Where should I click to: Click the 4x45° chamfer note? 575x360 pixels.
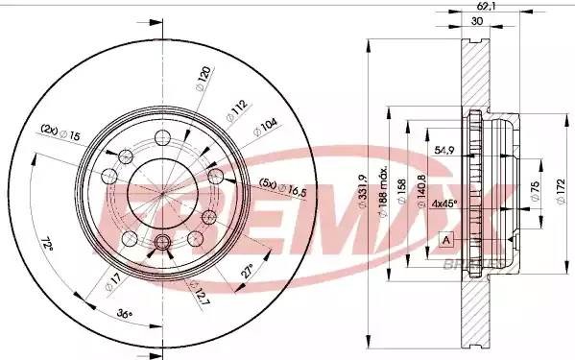(444, 204)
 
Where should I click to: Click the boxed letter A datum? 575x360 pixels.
(445, 238)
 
